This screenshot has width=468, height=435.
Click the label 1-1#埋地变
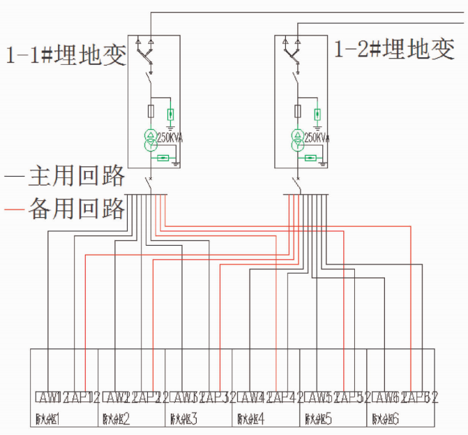tap(66, 54)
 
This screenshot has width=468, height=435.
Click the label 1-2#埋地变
tap(395, 50)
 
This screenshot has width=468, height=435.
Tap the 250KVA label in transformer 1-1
tap(169, 138)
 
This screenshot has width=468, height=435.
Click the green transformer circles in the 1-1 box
tap(150, 140)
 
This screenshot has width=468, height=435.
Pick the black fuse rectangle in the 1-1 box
tap(150, 110)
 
